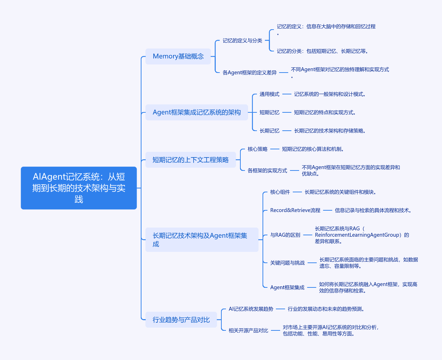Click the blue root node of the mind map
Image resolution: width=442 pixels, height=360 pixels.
point(78,188)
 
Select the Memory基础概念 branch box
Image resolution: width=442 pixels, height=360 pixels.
point(178,56)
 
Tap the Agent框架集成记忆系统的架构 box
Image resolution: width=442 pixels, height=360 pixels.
point(196,112)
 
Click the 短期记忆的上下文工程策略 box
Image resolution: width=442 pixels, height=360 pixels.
point(190,160)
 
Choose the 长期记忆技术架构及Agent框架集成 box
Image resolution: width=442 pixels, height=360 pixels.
point(202,240)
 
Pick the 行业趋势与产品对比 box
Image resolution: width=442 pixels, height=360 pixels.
point(181,319)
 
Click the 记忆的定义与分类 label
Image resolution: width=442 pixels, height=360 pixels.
point(242,41)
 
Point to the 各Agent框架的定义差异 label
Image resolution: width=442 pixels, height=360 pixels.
point(250,73)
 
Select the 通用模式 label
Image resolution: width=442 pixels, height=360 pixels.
point(269,94)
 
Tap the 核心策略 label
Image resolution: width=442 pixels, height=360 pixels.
point(258,149)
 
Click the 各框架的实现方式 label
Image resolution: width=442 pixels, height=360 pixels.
point(267,170)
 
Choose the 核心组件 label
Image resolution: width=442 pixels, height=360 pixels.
point(280,192)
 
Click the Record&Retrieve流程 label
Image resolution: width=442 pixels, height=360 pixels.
point(295,210)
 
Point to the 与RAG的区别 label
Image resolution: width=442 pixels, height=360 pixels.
point(285,235)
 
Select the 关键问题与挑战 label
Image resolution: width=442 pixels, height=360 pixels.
point(287,263)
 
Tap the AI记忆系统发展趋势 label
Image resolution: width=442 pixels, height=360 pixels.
point(251,309)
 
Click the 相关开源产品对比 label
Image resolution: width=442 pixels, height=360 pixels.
point(248,330)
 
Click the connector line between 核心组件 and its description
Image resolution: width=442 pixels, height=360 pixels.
point(297,192)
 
